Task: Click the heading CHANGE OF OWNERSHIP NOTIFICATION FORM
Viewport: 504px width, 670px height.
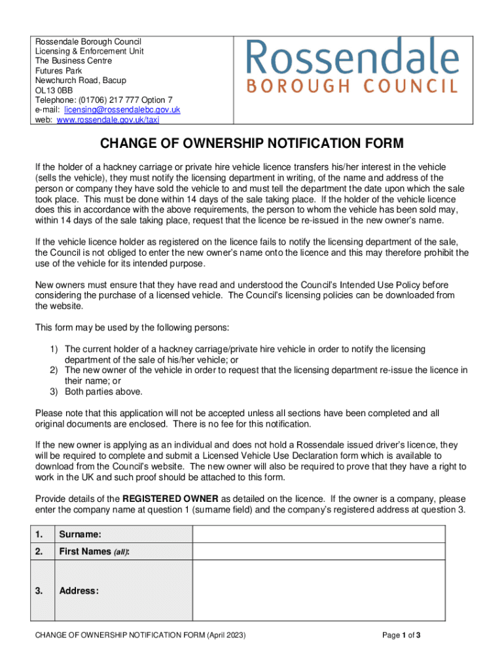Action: click(x=251, y=143)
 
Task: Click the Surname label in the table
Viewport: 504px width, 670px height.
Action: click(x=80, y=535)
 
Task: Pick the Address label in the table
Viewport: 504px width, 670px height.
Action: click(x=79, y=591)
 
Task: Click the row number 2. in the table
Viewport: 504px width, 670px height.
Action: click(x=40, y=552)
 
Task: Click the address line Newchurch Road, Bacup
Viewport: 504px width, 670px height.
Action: click(x=81, y=80)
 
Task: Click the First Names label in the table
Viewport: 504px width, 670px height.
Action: click(x=94, y=552)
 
